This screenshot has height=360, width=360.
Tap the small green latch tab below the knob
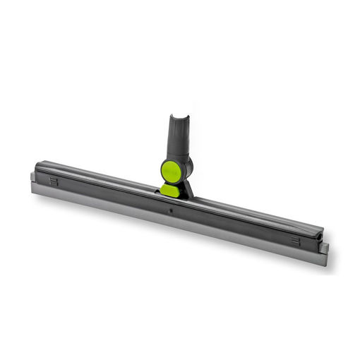pyautogui.click(x=169, y=189)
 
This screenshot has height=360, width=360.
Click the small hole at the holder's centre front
pyautogui.click(x=169, y=210)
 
